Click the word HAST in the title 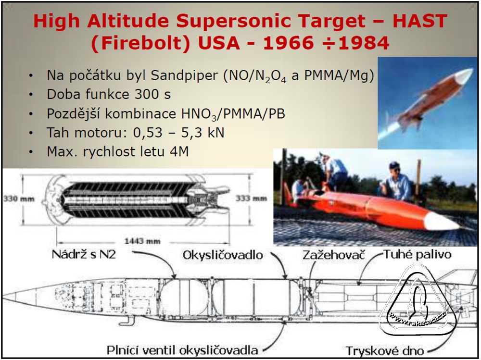[419, 21]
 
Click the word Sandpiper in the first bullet [184, 75]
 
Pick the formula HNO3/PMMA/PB [233, 114]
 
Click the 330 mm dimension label [19, 199]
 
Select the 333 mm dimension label [251, 199]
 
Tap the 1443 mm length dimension [142, 241]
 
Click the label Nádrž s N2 [84, 255]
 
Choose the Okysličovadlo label [223, 255]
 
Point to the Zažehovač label [334, 255]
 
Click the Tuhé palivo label [418, 254]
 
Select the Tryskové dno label [385, 351]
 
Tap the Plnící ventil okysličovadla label [182, 350]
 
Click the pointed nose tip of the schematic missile [4, 297]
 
